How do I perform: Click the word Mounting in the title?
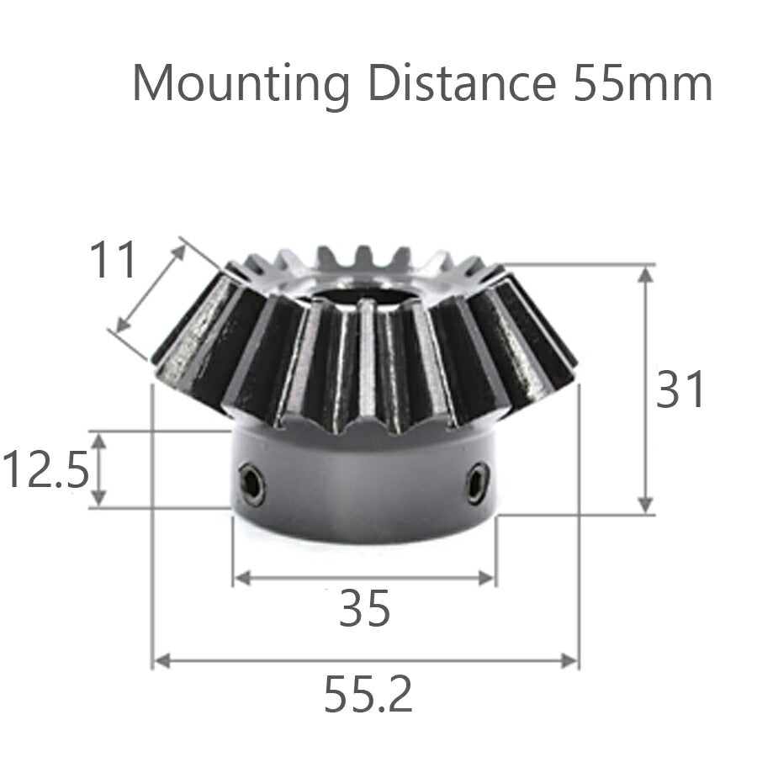(241, 84)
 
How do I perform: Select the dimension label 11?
(113, 260)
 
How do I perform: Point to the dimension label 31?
(681, 390)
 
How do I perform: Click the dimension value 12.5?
(45, 470)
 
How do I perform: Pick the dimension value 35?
(364, 609)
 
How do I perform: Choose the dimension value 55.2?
(368, 696)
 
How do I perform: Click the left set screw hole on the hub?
(251, 485)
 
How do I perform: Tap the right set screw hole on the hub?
(477, 483)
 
